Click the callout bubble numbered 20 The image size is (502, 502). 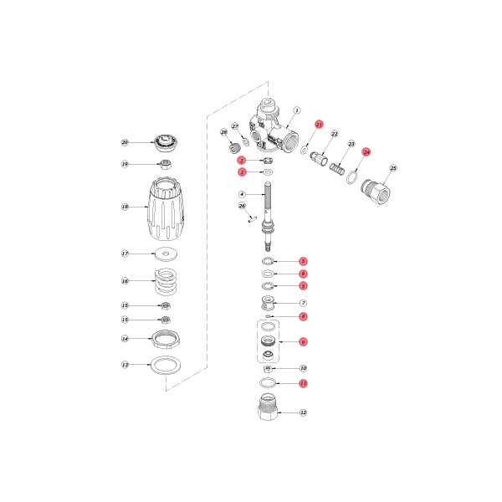pos(125,143)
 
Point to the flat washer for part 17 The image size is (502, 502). pos(166,253)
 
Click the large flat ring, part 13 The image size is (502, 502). pos(166,365)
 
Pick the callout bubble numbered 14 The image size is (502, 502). pos(125,340)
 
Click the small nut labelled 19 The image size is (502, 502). pos(166,164)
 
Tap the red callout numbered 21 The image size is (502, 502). pos(318,124)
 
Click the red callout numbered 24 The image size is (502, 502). pos(366,152)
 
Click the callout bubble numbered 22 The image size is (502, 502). pos(334,134)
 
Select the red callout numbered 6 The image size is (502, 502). pos(304,274)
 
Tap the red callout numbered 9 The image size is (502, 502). pos(304,341)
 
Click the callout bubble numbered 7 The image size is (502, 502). pos(304,303)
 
